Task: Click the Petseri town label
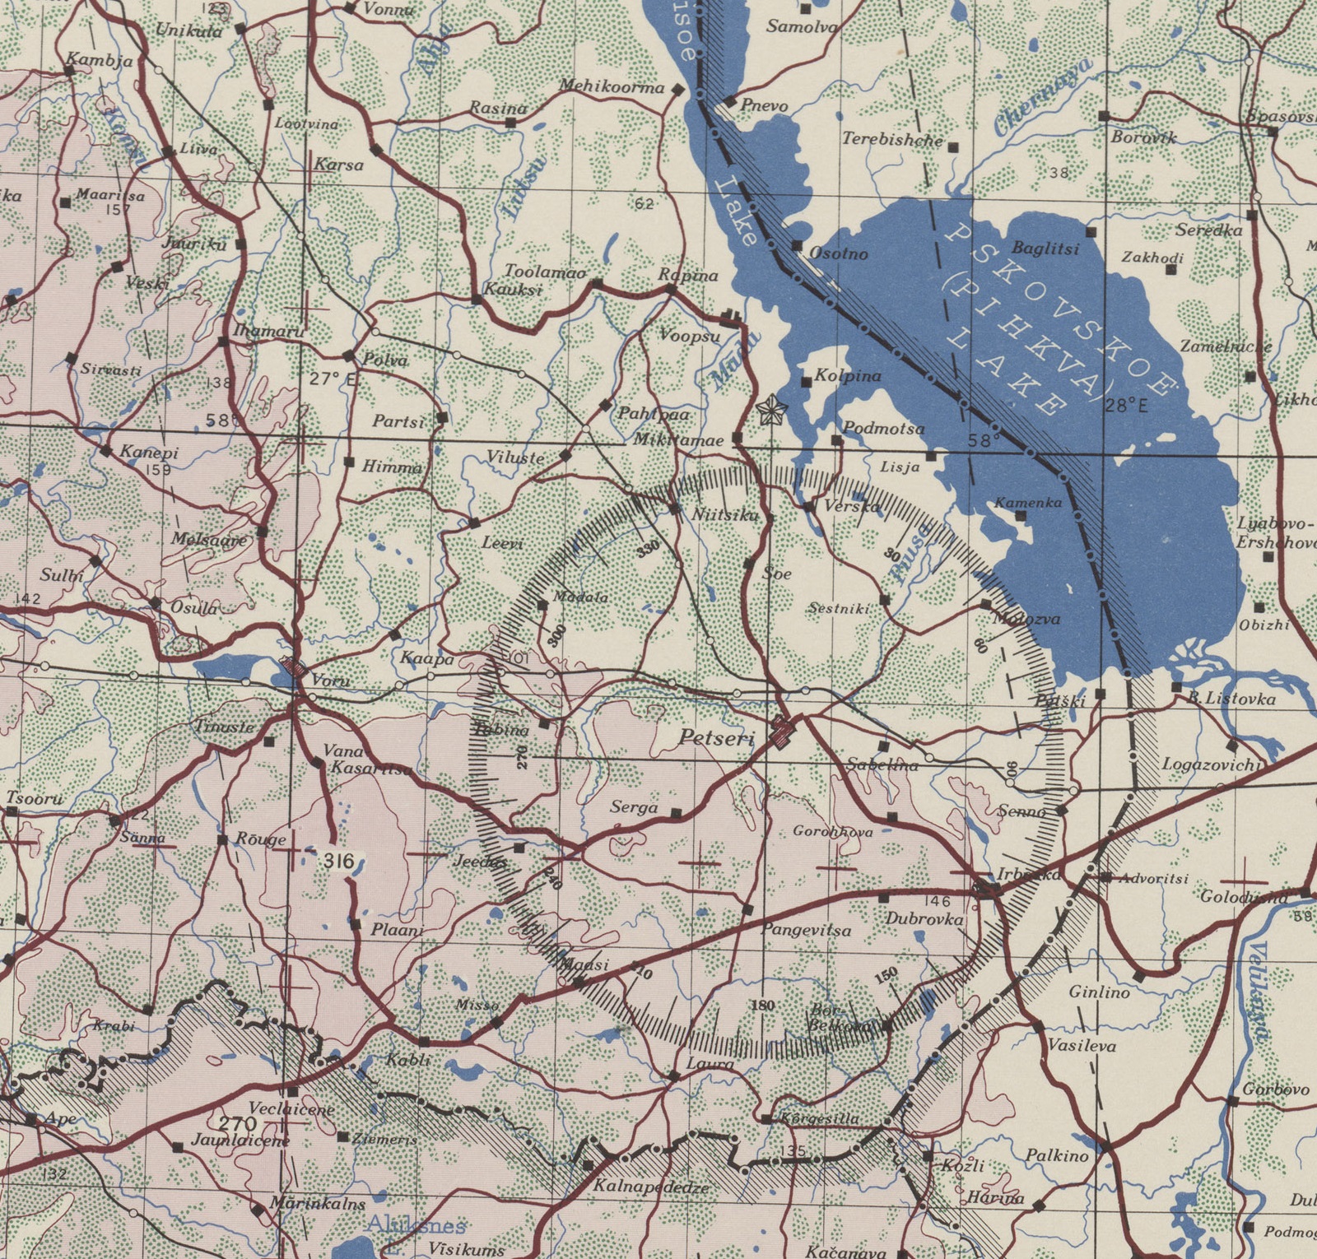pos(717,738)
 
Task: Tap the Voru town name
pos(330,681)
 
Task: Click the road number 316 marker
pos(338,862)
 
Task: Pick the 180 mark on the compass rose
pos(764,1006)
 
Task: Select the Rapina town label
pos(688,275)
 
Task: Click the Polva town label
pos(385,360)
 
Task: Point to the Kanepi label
pos(149,452)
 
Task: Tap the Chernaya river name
pos(1043,97)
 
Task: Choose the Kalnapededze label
pos(650,1188)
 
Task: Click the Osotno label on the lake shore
pos(839,253)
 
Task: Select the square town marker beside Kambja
pos(70,72)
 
